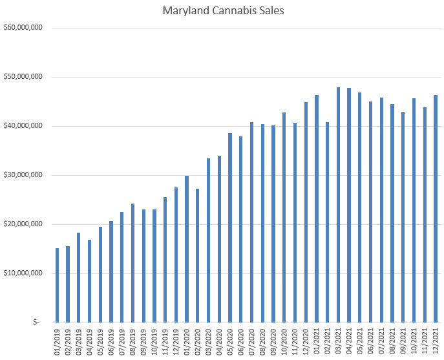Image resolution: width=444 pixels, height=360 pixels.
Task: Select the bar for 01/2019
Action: click(x=57, y=285)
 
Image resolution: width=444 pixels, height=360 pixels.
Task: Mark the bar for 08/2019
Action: click(x=132, y=262)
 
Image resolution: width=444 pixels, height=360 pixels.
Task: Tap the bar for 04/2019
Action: click(x=89, y=281)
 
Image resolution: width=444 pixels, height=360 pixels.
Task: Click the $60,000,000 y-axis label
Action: click(x=23, y=28)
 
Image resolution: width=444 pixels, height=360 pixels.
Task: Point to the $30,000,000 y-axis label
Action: click(x=23, y=175)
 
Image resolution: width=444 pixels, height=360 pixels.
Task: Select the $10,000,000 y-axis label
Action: click(x=23, y=273)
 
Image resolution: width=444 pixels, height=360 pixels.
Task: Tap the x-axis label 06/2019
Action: click(x=111, y=342)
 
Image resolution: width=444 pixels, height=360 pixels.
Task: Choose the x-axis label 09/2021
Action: click(x=403, y=342)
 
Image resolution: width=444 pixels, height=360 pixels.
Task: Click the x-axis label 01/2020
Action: click(x=187, y=342)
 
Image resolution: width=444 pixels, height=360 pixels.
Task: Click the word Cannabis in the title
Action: click(x=227, y=11)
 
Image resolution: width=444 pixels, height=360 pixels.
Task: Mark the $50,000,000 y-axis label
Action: click(x=23, y=77)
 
